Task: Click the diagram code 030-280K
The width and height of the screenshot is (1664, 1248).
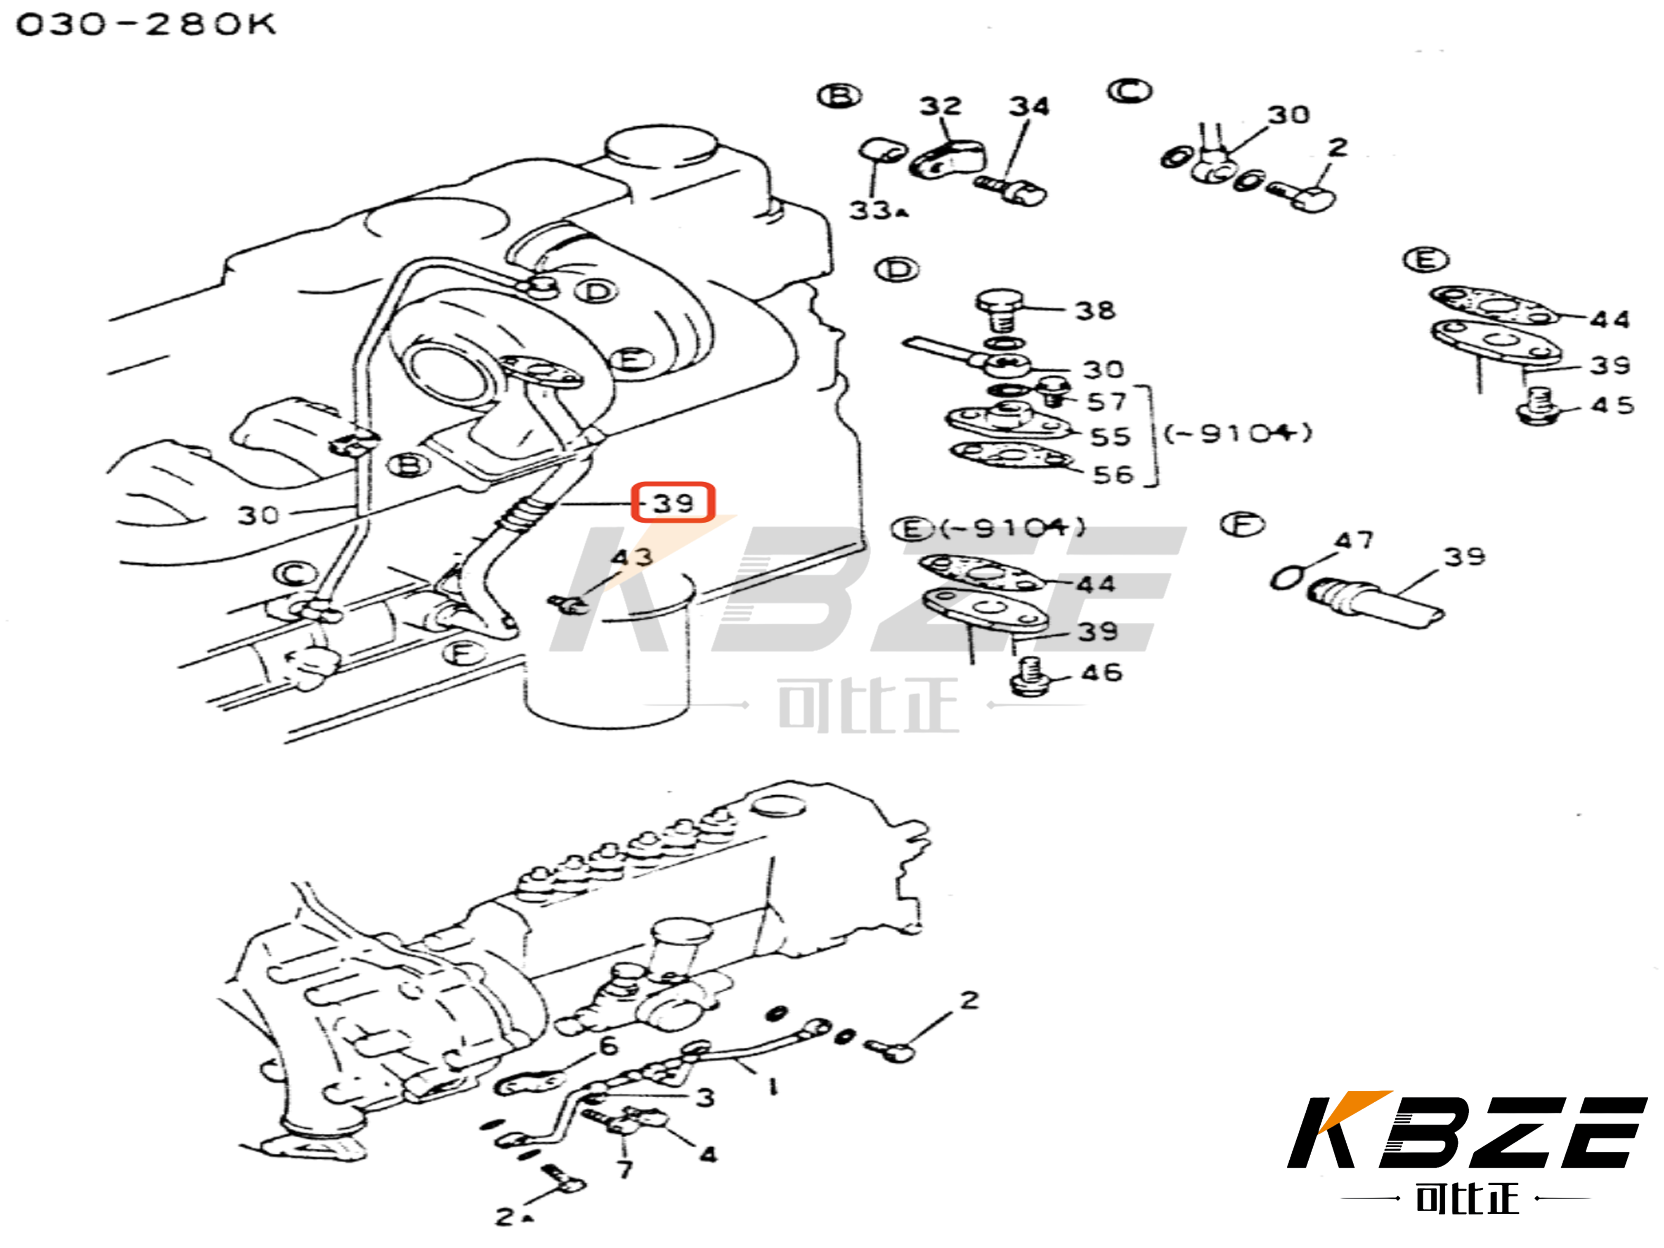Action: (146, 25)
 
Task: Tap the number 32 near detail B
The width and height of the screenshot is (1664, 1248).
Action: (940, 106)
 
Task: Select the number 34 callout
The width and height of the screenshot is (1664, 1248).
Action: (1028, 106)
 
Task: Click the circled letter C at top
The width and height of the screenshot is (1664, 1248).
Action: (1129, 91)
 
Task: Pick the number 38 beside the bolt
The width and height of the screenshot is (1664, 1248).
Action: (1094, 310)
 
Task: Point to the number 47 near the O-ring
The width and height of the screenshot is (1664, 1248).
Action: (1353, 540)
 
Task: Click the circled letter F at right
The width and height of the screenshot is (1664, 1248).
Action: (1242, 524)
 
